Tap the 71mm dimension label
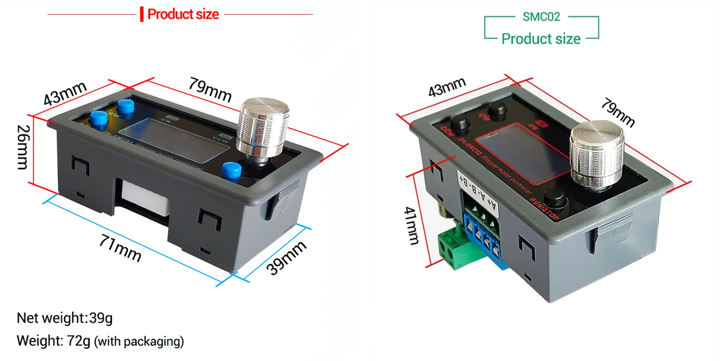tap(120, 249)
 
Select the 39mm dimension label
tap(286, 258)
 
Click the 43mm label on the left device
tap(65, 93)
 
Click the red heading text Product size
tap(183, 14)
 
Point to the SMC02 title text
tap(541, 17)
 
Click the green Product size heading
tap(541, 39)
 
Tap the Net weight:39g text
tap(65, 318)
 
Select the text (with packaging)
tap(139, 342)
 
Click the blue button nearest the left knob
tap(231, 171)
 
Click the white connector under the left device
tap(144, 199)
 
